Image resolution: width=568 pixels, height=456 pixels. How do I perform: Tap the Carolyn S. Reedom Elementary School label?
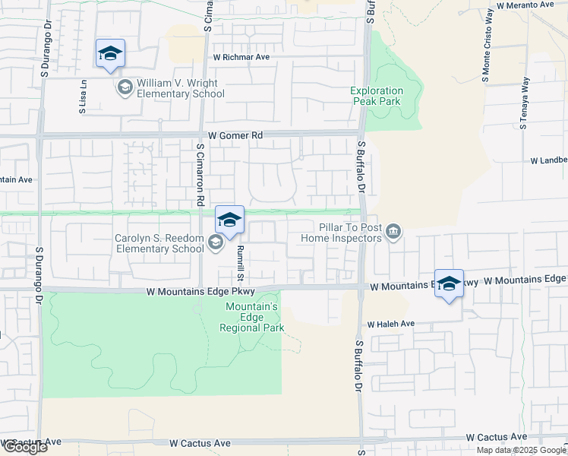click(159, 243)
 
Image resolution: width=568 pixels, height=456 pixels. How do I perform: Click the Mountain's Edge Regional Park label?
click(252, 317)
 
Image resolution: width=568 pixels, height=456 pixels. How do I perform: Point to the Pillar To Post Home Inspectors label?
click(340, 232)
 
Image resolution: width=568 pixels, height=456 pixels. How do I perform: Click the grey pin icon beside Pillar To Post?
click(393, 231)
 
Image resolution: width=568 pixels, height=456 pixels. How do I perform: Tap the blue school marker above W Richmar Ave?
click(110, 53)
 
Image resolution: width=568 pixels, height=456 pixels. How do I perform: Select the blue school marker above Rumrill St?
click(229, 220)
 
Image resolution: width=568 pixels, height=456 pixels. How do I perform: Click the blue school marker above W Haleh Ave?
click(449, 283)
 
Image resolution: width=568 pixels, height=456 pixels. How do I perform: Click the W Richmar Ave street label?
click(241, 57)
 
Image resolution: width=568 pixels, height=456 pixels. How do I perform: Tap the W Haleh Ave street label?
click(391, 324)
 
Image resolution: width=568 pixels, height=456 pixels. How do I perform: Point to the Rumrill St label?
click(238, 262)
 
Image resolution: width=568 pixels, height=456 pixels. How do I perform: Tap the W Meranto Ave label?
click(525, 5)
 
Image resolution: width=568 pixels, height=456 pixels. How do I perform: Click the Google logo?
click(24, 447)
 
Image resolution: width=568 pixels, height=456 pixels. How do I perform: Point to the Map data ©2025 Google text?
click(521, 449)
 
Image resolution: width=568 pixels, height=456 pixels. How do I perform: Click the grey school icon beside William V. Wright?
click(124, 88)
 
